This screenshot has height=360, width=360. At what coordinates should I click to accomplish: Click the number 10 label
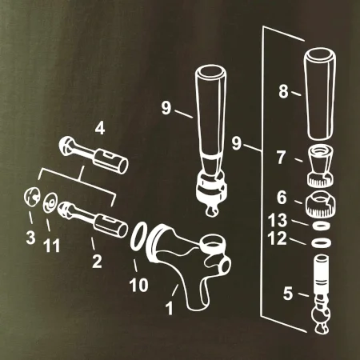pyautogui.click(x=138, y=285)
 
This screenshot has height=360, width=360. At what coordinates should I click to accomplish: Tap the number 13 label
pyautogui.click(x=278, y=220)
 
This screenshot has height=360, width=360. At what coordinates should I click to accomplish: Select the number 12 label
pyautogui.click(x=278, y=238)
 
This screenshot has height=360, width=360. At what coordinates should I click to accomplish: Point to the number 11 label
pyautogui.click(x=52, y=246)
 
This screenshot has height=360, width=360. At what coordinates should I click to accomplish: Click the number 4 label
pyautogui.click(x=100, y=129)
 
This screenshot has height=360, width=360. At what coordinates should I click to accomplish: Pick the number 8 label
pyautogui.click(x=284, y=91)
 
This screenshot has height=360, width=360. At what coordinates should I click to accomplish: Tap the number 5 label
pyautogui.click(x=288, y=294)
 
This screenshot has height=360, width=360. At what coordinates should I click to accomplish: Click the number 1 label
pyautogui.click(x=170, y=308)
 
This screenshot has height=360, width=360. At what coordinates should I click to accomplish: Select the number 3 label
pyautogui.click(x=30, y=238)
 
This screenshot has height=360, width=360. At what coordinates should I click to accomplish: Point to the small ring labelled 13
pyautogui.click(x=322, y=226)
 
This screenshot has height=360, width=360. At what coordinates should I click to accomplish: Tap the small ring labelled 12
pyautogui.click(x=322, y=242)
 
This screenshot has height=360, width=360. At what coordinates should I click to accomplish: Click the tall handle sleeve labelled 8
pyautogui.click(x=320, y=94)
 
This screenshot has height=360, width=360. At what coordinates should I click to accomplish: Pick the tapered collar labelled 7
pyautogui.click(x=321, y=166)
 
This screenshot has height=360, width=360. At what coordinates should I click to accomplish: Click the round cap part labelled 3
pyautogui.click(x=32, y=198)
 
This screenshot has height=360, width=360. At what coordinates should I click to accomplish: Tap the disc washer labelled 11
pyautogui.click(x=50, y=202)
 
